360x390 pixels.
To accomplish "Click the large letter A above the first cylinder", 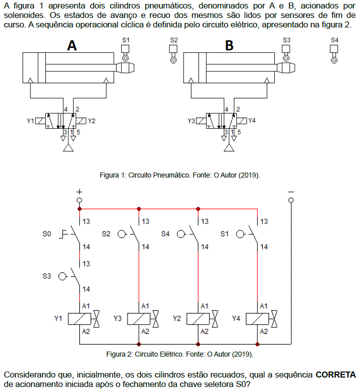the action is pyautogui.click(x=72, y=45).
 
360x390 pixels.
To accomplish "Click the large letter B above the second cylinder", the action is pyautogui.click(x=229, y=45).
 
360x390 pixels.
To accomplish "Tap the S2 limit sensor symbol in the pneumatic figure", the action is pyautogui.click(x=174, y=54).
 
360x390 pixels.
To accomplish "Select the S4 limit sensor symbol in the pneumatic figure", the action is pyautogui.click(x=334, y=54).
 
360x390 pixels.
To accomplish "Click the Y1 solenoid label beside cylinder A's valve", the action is pyautogui.click(x=30, y=121).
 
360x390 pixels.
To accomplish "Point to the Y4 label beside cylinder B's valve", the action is pyautogui.click(x=252, y=121).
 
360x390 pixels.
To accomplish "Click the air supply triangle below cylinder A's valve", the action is pyautogui.click(x=68, y=148).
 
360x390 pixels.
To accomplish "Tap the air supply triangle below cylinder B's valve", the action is pyautogui.click(x=229, y=148).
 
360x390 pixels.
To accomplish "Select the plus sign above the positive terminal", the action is pyautogui.click(x=79, y=192).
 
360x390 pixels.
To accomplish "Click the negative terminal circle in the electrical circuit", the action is pyautogui.click(x=291, y=200).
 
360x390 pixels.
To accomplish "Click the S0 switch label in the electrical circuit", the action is pyautogui.click(x=46, y=234).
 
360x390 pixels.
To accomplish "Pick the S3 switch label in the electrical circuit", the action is pyautogui.click(x=46, y=276).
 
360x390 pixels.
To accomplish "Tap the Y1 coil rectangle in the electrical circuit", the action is pyautogui.click(x=80, y=319).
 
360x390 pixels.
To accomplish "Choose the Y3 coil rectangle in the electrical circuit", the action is pyautogui.click(x=139, y=319).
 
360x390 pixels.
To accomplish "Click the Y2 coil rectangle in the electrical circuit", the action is pyautogui.click(x=198, y=319).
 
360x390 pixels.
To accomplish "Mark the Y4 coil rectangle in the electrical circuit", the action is pyautogui.click(x=257, y=319).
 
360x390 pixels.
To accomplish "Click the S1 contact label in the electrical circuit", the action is pyautogui.click(x=224, y=234).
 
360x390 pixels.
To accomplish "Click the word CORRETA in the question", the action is pyautogui.click(x=336, y=375).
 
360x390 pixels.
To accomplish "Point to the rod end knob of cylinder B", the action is pyautogui.click(x=286, y=68).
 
